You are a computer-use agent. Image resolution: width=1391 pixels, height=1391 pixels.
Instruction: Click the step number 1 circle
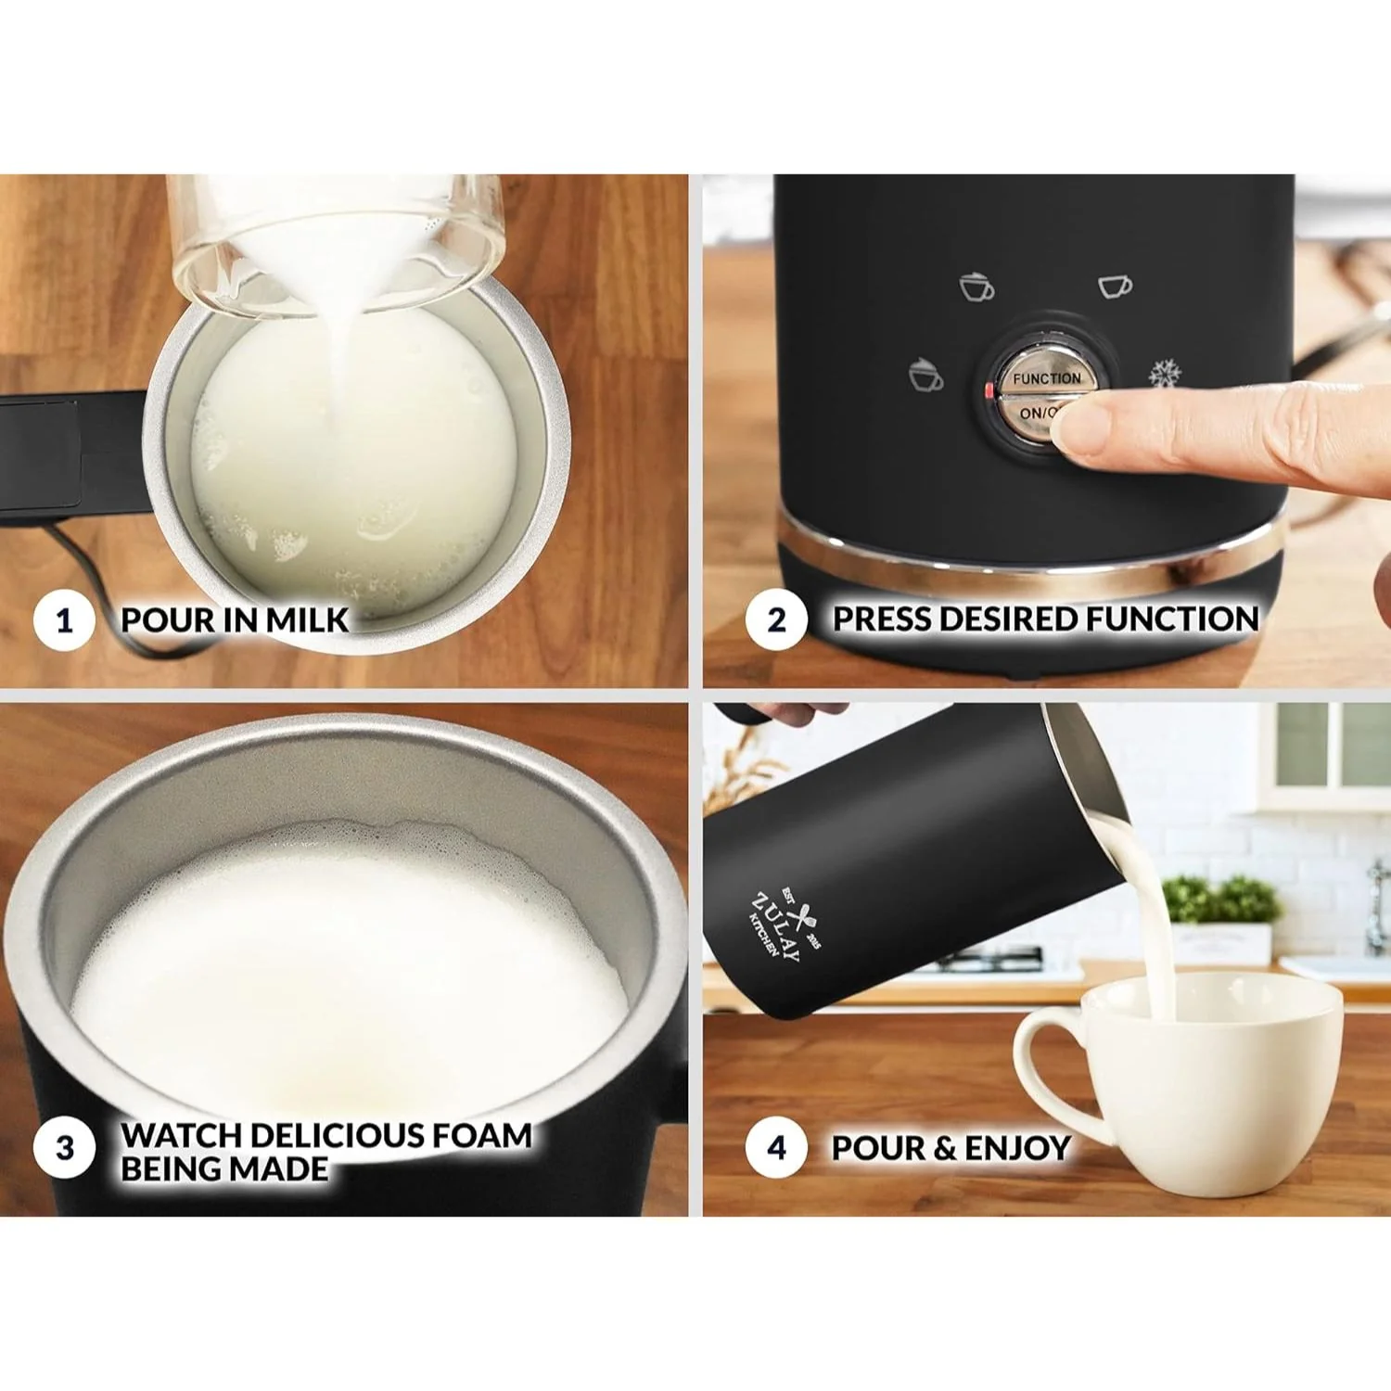[x=64, y=619]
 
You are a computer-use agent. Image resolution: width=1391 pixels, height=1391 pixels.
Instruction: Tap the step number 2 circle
[x=776, y=619]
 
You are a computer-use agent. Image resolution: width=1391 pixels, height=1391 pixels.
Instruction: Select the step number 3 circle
[x=64, y=1148]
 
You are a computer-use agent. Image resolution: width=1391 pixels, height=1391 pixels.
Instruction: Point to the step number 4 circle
[x=776, y=1148]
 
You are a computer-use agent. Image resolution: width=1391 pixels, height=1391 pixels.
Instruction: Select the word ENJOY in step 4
[x=1017, y=1148]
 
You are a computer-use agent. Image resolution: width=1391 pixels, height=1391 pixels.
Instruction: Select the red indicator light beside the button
[x=989, y=391]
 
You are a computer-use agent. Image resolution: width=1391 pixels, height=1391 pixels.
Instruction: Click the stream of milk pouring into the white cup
[x=1155, y=937]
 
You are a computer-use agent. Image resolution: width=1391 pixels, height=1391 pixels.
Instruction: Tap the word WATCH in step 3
[x=182, y=1135]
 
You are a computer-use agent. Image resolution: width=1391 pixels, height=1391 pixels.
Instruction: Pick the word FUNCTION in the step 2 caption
[x=1172, y=619]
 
